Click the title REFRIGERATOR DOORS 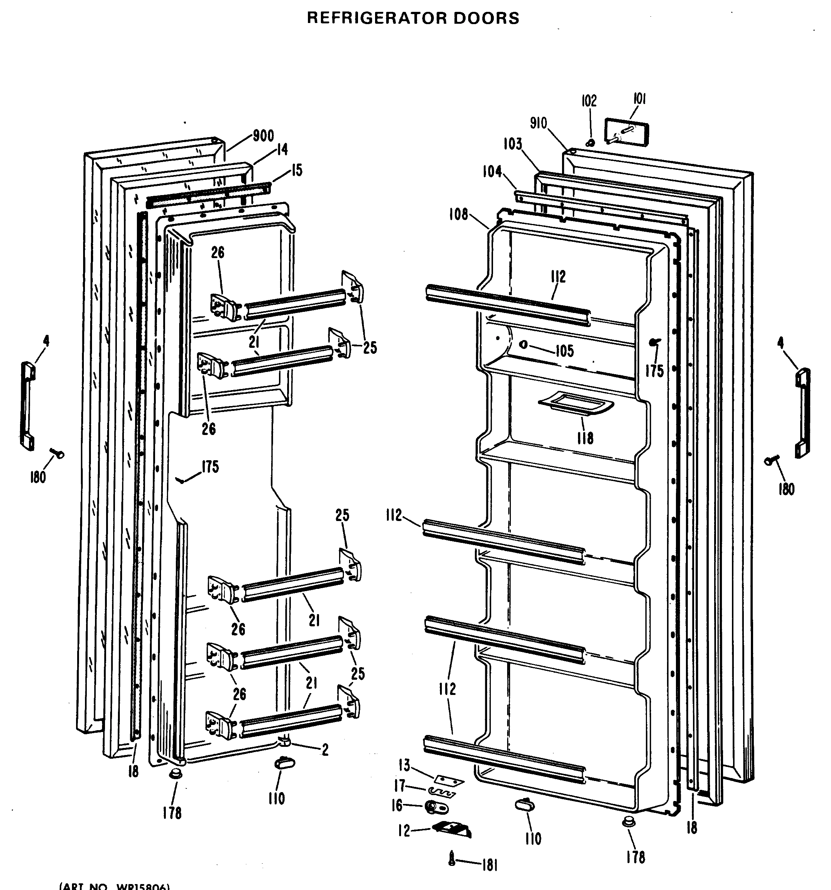[x=413, y=18]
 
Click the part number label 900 [x=263, y=136]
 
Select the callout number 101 [x=639, y=99]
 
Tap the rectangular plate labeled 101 [x=626, y=132]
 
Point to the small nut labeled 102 [x=591, y=143]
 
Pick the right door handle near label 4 [x=803, y=412]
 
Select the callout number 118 [x=585, y=437]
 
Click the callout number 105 [x=565, y=351]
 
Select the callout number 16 [x=397, y=806]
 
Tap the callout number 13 [x=404, y=765]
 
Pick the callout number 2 [x=325, y=749]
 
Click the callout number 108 [x=458, y=214]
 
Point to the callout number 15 [x=296, y=170]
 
